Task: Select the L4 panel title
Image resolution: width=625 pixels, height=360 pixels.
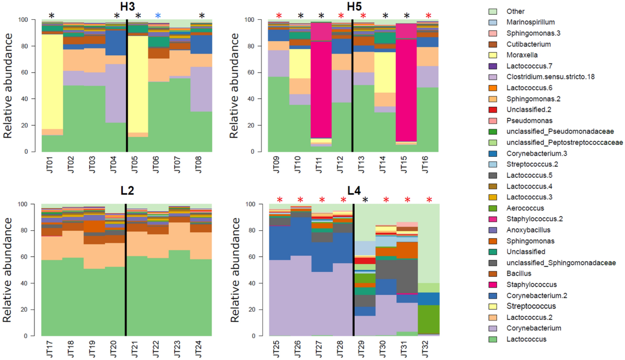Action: (x=354, y=191)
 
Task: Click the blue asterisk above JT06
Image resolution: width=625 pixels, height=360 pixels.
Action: (x=159, y=16)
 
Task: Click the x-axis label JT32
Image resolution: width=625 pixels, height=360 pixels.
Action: (x=429, y=350)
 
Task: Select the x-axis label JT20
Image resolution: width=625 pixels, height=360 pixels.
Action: (x=116, y=350)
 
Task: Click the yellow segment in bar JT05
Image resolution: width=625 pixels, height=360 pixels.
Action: (x=137, y=83)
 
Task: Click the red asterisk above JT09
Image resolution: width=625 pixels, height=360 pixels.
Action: (x=279, y=16)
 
